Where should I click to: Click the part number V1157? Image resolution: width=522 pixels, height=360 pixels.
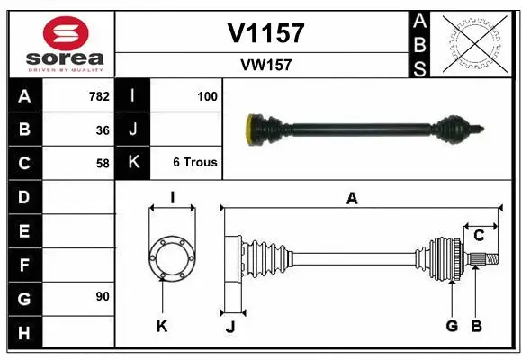[265, 33]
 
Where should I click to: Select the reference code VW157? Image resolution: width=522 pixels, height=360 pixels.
[265, 65]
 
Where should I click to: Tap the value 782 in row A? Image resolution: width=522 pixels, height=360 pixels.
[98, 96]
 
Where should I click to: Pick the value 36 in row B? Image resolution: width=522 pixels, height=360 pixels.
[103, 130]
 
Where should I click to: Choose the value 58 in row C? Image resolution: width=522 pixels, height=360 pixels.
[103, 163]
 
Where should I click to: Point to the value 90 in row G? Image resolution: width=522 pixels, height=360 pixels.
[103, 297]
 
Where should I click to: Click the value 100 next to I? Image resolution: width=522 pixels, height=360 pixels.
[206, 96]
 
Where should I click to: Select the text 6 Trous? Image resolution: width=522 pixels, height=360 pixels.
[194, 163]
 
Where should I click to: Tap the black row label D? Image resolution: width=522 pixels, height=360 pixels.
[23, 196]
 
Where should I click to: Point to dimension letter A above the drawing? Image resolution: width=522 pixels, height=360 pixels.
[352, 199]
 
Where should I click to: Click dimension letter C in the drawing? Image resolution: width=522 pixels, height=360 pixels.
[479, 236]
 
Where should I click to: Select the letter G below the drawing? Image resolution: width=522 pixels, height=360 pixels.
[452, 326]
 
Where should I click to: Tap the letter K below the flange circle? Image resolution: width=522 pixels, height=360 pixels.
[162, 326]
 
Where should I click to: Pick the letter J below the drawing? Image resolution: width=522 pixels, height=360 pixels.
[229, 326]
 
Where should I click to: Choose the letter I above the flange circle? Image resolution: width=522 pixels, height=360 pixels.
[171, 198]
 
